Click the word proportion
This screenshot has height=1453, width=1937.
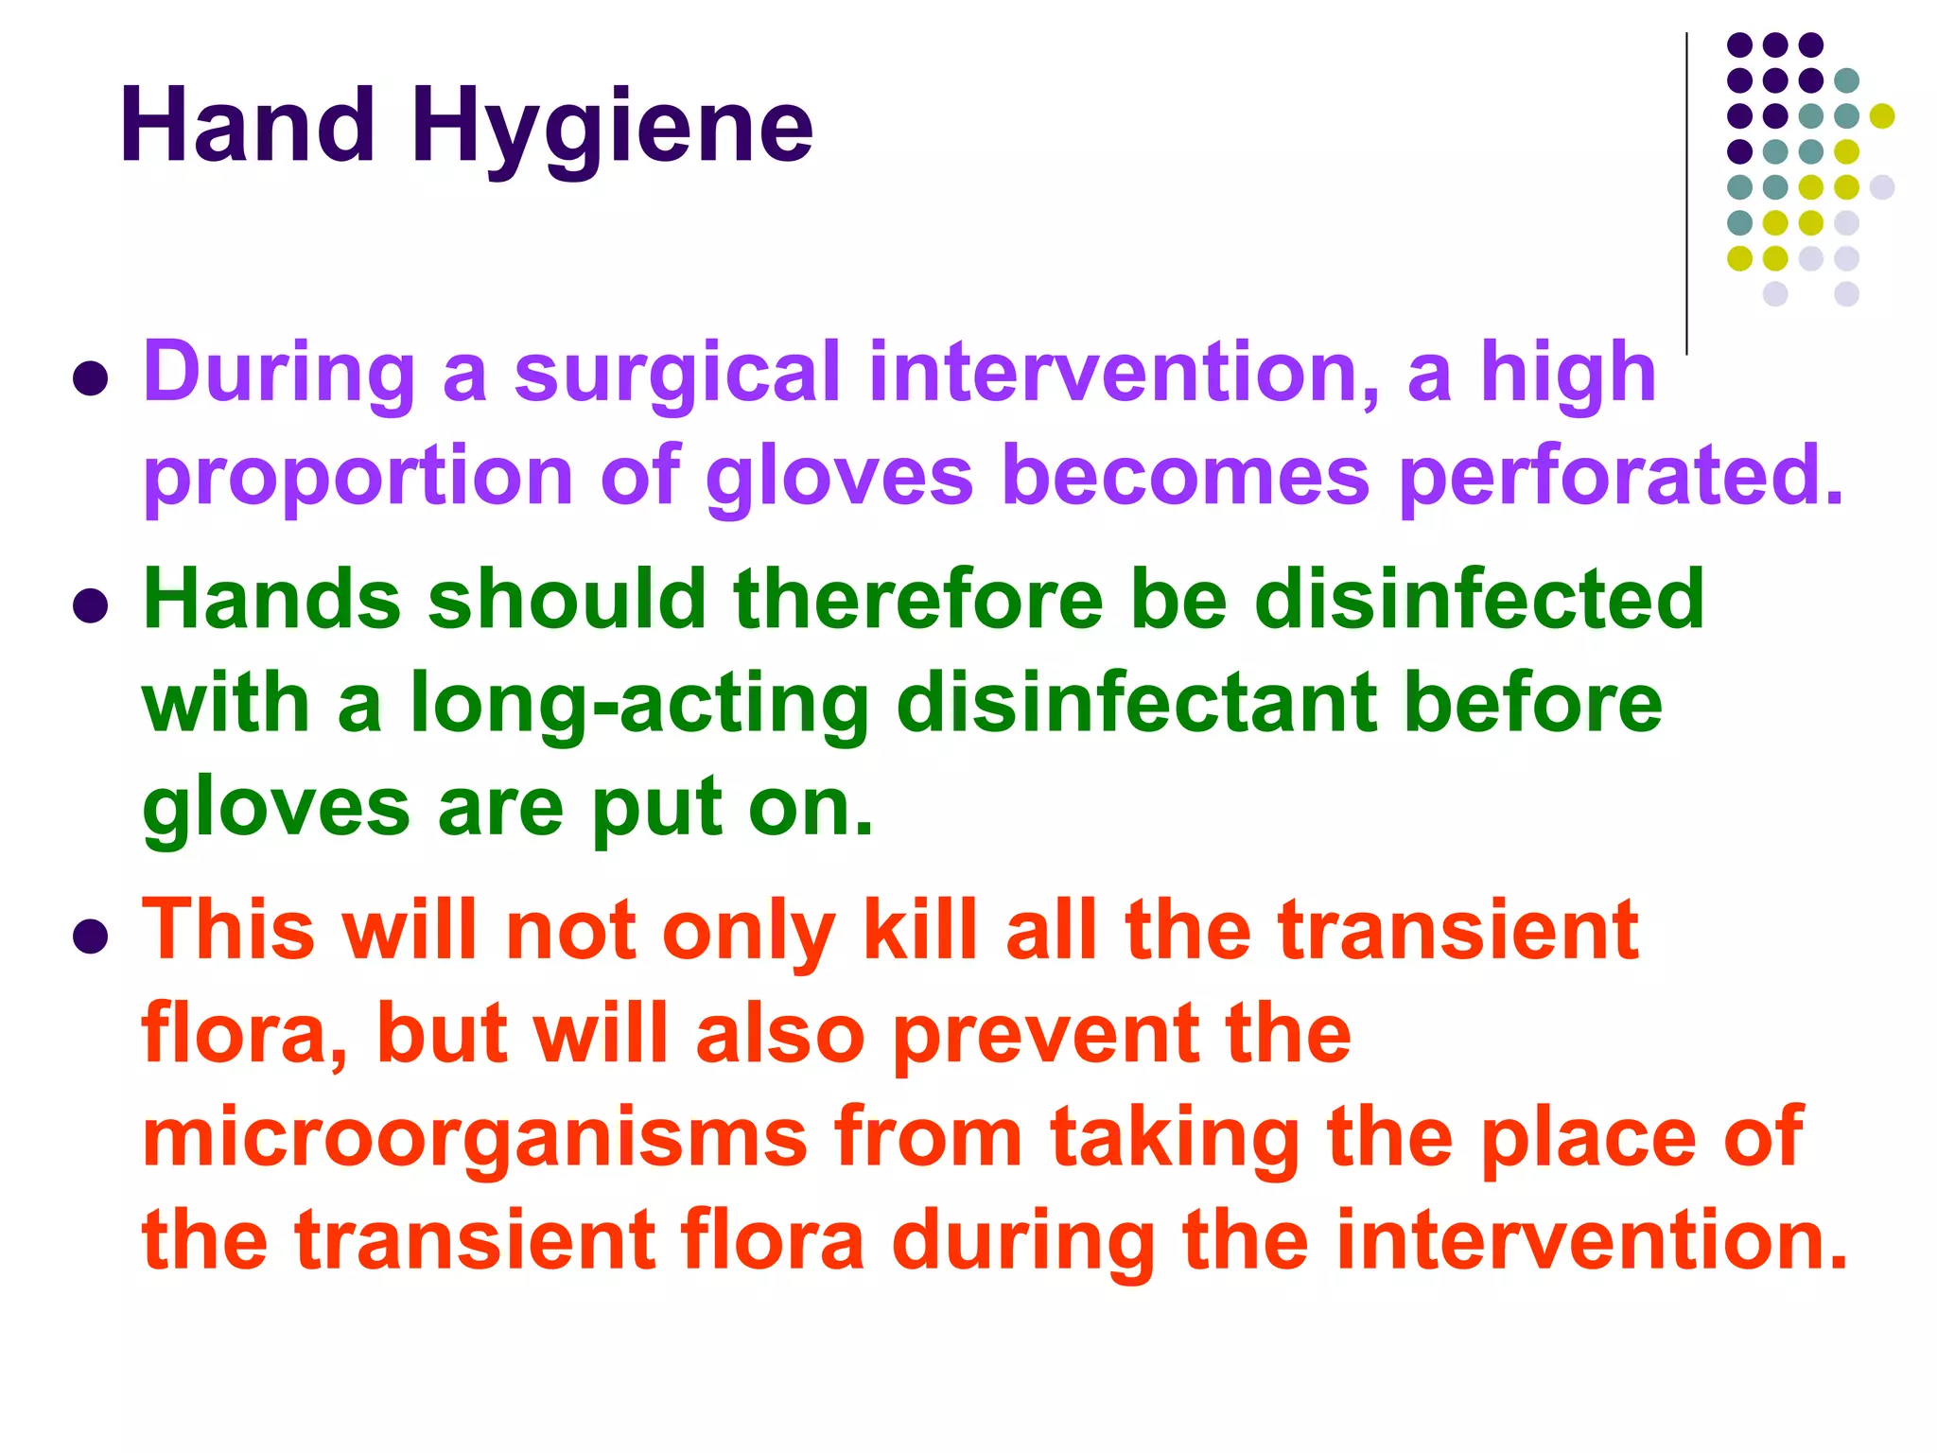pyautogui.click(x=358, y=479)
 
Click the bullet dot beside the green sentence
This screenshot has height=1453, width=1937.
pyautogui.click(x=90, y=605)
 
